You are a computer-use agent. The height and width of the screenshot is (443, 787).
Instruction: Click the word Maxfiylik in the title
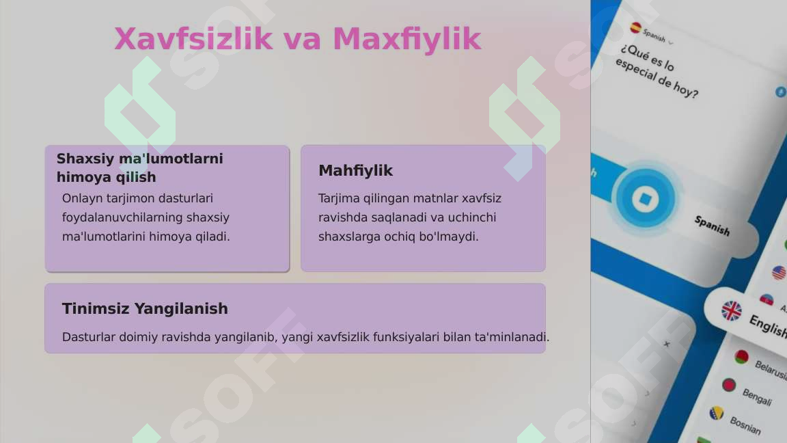click(406, 39)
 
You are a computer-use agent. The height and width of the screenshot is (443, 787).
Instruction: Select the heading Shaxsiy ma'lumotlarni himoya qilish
click(139, 167)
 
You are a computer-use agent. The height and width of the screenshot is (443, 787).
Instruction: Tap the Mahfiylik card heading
click(355, 170)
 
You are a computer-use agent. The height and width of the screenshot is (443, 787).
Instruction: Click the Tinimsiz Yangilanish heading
click(145, 308)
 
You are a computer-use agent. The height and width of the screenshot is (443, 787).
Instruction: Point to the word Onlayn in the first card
click(81, 198)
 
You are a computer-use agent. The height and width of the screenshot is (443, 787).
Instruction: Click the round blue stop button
click(644, 199)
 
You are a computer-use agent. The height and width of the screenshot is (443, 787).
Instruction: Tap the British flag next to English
click(731, 310)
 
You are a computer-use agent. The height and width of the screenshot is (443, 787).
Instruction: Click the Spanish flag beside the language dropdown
click(636, 28)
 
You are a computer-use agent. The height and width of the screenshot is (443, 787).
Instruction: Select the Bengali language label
click(757, 397)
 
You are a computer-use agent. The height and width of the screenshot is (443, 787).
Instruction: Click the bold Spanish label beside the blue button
click(712, 226)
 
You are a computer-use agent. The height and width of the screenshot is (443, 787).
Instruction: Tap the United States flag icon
click(778, 273)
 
